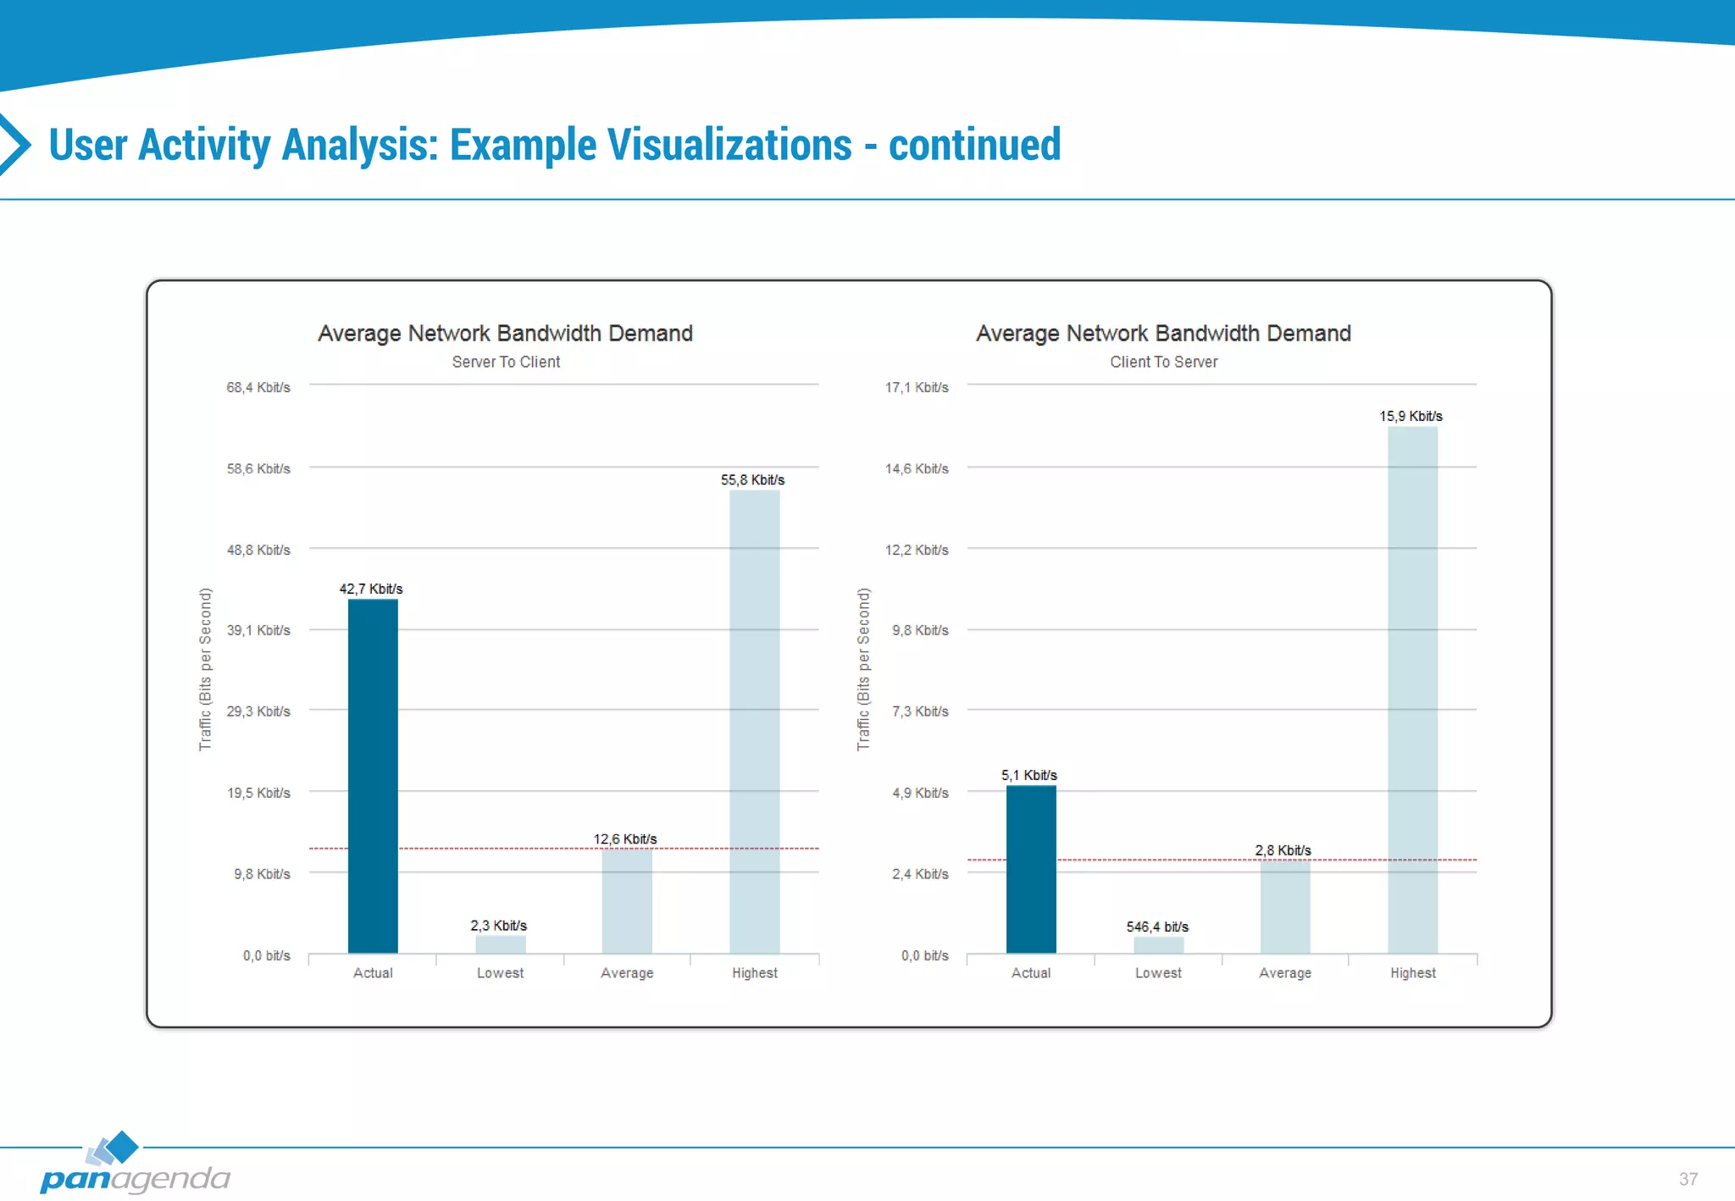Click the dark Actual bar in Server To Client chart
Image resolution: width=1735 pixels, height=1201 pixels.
coord(373,775)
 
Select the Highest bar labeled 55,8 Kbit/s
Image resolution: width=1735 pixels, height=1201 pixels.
coord(754,721)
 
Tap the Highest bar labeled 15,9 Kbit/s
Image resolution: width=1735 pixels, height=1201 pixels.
coord(1412,689)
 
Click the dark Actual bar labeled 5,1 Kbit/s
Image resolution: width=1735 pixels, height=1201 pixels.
coord(1031,869)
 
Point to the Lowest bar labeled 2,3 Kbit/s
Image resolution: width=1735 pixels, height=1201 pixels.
coord(500,944)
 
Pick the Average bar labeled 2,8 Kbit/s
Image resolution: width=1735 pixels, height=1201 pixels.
coord(1285,906)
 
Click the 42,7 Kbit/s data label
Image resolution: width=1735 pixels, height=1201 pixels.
coord(371,589)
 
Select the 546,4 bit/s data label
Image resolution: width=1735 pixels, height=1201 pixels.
coord(1157,927)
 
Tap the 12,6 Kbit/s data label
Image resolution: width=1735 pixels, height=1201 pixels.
coord(625,839)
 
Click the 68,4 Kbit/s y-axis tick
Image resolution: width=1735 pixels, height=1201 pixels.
coord(258,388)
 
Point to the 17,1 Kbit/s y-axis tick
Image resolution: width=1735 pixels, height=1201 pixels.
coord(917,388)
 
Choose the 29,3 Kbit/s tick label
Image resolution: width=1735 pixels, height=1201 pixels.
coord(258,711)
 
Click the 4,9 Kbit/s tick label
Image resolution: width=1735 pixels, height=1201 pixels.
coord(920,793)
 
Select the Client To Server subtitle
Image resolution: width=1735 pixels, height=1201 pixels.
coord(1163,362)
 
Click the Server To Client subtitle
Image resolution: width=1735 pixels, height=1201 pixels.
coord(506,362)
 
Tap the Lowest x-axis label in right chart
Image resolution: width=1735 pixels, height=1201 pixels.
coord(1158,973)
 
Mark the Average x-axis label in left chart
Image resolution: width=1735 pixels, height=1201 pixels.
coord(627,973)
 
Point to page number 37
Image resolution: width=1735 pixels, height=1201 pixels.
coord(1688,1179)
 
